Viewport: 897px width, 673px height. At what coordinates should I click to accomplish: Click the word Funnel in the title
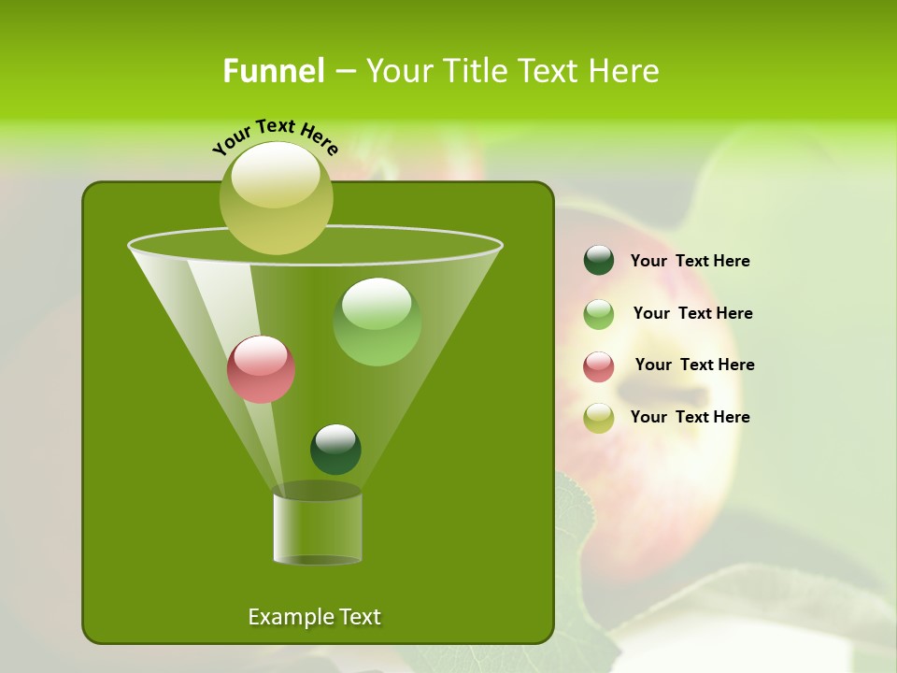pos(274,71)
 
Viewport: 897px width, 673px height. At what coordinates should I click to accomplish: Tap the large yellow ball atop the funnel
pos(276,197)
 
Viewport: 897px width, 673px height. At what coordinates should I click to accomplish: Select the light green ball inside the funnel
pos(377,321)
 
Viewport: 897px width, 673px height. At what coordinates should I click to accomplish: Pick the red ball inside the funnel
pos(261,369)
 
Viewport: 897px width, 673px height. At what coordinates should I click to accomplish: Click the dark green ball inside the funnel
pos(335,449)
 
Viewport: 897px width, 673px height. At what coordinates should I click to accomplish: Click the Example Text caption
pos(314,617)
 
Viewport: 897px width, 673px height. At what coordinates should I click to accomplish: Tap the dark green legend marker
pos(598,261)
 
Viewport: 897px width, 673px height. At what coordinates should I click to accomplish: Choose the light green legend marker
pos(598,314)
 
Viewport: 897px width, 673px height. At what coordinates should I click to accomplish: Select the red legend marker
pos(598,366)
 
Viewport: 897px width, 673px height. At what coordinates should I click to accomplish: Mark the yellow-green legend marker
pos(598,418)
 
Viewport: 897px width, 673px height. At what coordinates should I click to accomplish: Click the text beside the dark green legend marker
pos(690,262)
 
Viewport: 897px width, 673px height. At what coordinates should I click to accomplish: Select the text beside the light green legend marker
pos(692,314)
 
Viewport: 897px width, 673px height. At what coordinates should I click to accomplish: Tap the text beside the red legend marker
pos(694,365)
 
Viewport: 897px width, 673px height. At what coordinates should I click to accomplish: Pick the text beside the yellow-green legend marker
pos(690,418)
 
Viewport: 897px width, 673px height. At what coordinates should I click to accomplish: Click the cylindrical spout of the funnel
pos(317,528)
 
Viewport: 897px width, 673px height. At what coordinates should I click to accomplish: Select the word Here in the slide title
pos(626,71)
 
